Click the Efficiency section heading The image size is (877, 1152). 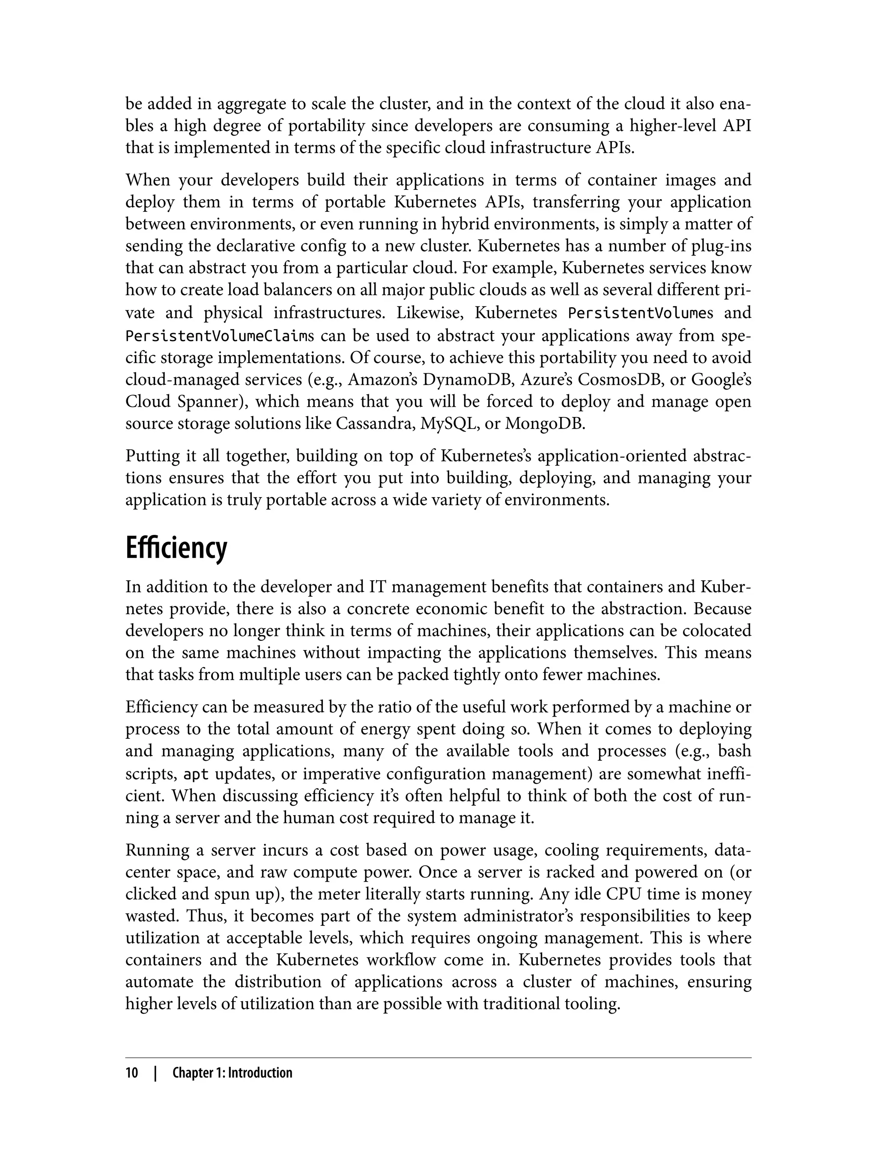176,548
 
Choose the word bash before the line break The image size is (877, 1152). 734,751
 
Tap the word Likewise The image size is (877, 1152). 429,313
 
